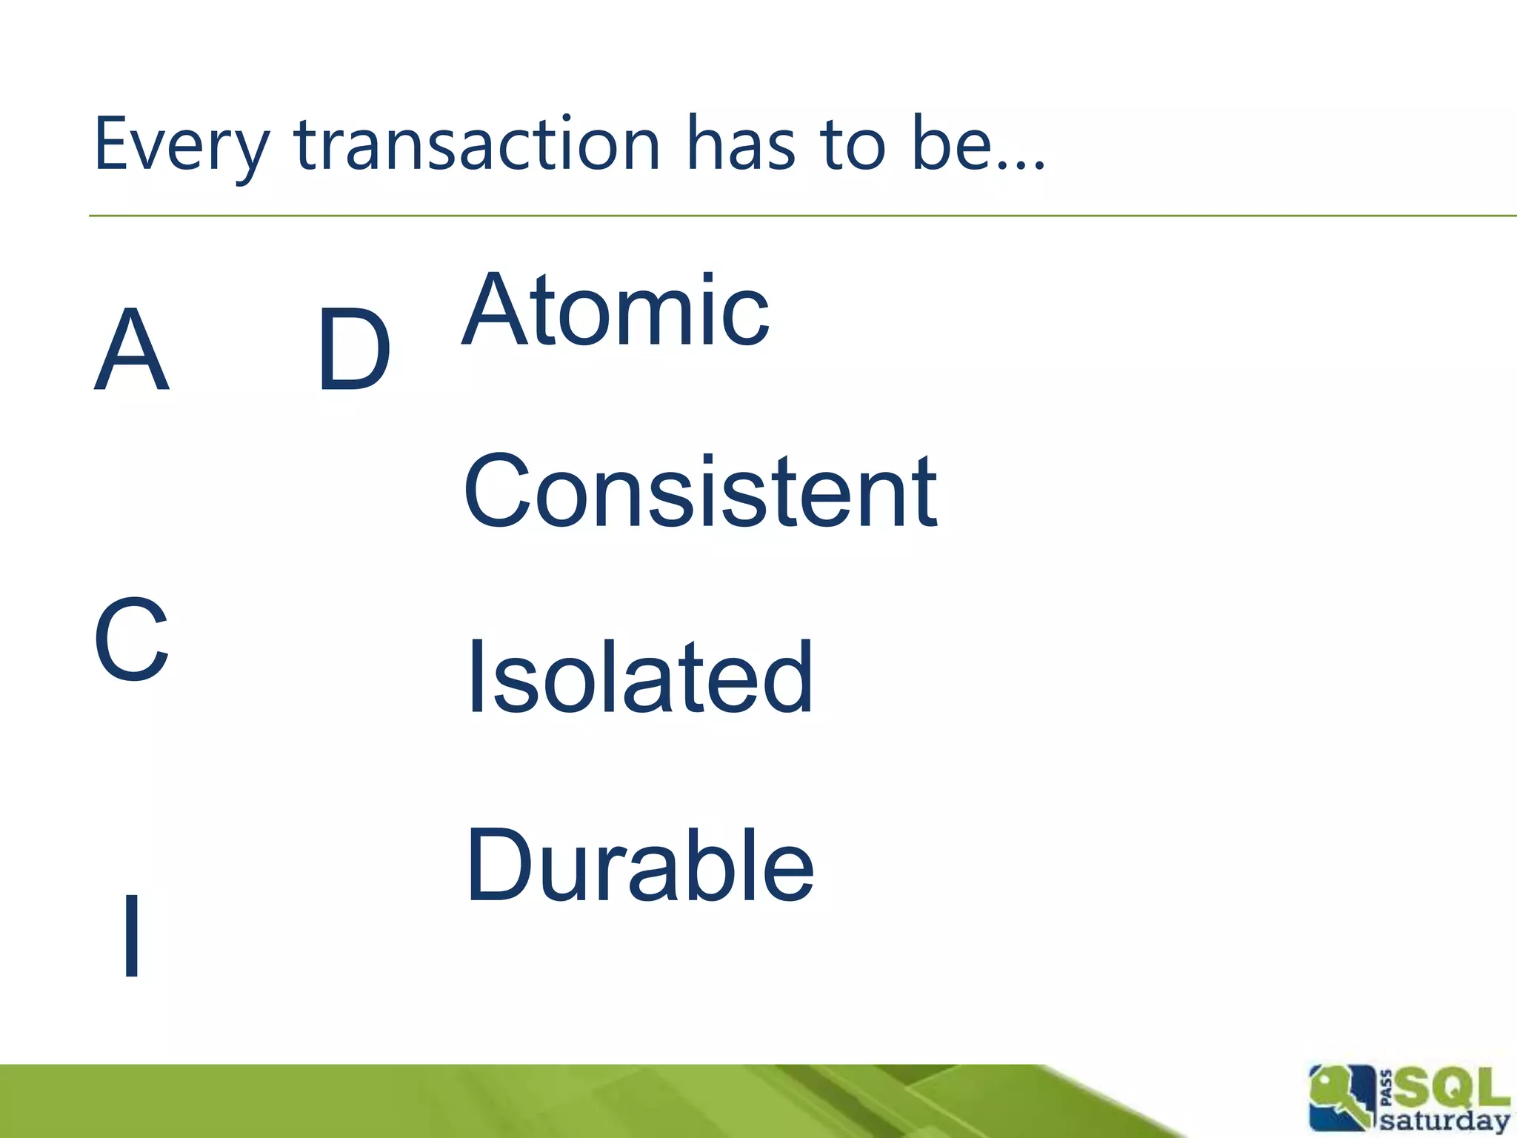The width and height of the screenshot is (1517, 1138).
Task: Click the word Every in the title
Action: [181, 144]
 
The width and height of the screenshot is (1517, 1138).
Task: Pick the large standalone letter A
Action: [132, 350]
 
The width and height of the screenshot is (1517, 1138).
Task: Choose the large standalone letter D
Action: [353, 350]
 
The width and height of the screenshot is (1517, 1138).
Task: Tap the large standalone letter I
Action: [132, 935]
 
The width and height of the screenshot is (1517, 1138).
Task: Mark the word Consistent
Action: [700, 492]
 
